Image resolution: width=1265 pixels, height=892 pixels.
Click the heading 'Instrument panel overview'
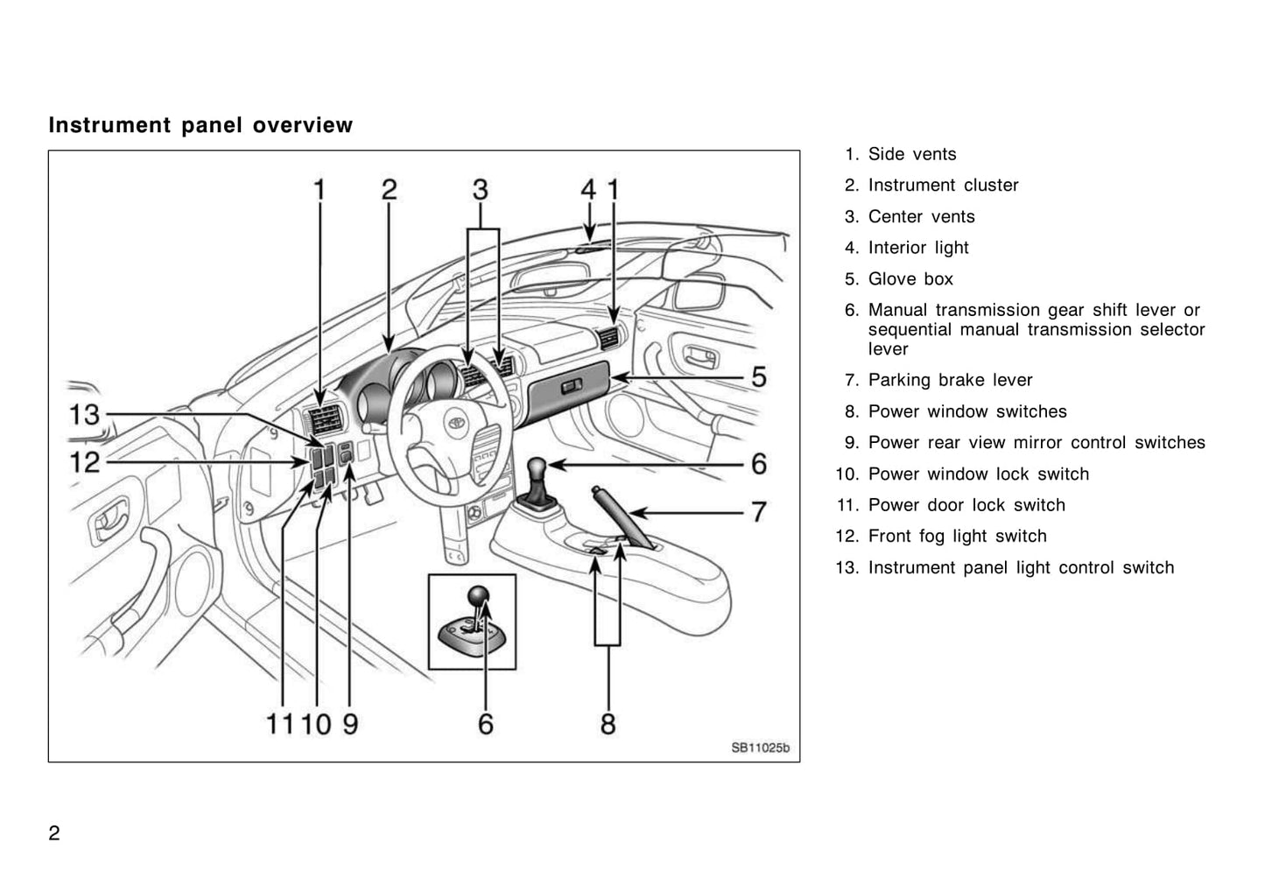pos(200,125)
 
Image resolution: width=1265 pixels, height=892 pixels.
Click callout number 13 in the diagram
pos(85,414)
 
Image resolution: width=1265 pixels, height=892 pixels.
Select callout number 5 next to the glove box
pos(759,377)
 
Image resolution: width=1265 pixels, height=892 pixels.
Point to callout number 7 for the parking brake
pos(759,510)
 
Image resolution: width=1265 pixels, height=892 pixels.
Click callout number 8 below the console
pos(608,724)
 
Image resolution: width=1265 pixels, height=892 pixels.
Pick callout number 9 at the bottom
pos(349,724)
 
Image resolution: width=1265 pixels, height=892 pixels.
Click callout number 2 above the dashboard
pos(389,189)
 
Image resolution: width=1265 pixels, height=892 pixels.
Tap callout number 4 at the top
pos(589,189)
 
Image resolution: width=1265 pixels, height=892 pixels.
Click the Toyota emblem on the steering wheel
pos(455,422)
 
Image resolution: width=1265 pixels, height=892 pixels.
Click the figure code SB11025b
pos(760,748)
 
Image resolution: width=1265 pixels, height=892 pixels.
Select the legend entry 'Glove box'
pos(910,279)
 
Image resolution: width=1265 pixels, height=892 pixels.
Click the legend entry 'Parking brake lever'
pos(950,380)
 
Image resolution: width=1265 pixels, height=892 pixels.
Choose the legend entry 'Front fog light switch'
pos(957,536)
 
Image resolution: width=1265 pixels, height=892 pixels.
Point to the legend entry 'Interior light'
pos(918,248)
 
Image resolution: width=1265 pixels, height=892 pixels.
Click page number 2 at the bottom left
pos(54,832)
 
